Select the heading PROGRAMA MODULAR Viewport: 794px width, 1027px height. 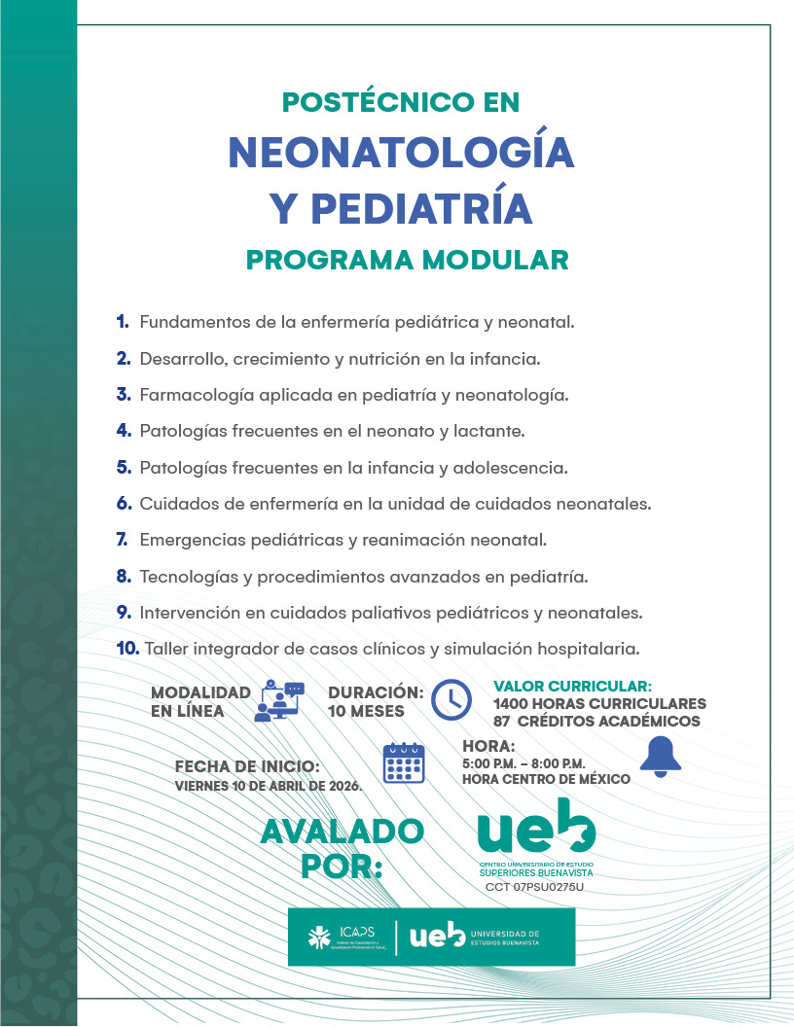pos(407,261)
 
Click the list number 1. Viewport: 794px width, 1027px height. pos(123,321)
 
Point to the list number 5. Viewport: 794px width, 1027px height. pos(124,467)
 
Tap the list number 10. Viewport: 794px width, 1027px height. pos(127,647)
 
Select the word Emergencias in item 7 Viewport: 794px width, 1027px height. pos(188,539)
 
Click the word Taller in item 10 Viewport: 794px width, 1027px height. pos(166,647)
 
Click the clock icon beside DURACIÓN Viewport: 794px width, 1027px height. pos(451,699)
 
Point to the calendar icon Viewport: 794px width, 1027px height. pos(404,762)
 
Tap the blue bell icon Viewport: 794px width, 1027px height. pos(661,756)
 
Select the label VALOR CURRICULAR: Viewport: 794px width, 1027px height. pos(572,686)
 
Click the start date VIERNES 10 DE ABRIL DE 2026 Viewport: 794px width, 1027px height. pos(268,786)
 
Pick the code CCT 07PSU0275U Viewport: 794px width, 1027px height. pos(534,887)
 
